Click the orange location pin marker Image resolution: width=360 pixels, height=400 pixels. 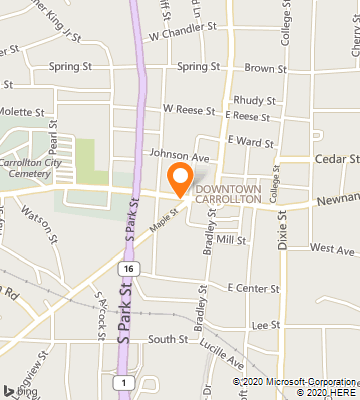pos(181,181)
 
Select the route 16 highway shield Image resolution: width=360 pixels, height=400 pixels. pos(127,269)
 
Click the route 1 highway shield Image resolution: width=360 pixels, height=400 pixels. pos(121,382)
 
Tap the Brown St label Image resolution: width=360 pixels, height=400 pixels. pos(265,68)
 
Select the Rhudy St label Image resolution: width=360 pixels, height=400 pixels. pos(254,100)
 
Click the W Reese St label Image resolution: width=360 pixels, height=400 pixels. pos(189,107)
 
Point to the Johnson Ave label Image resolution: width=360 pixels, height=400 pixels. pos(179,156)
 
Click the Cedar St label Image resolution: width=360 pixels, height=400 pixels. pos(338,158)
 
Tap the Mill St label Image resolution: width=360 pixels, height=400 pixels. pos(231,240)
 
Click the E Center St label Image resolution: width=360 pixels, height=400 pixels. pos(253,288)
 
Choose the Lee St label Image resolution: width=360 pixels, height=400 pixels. pos(265,325)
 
